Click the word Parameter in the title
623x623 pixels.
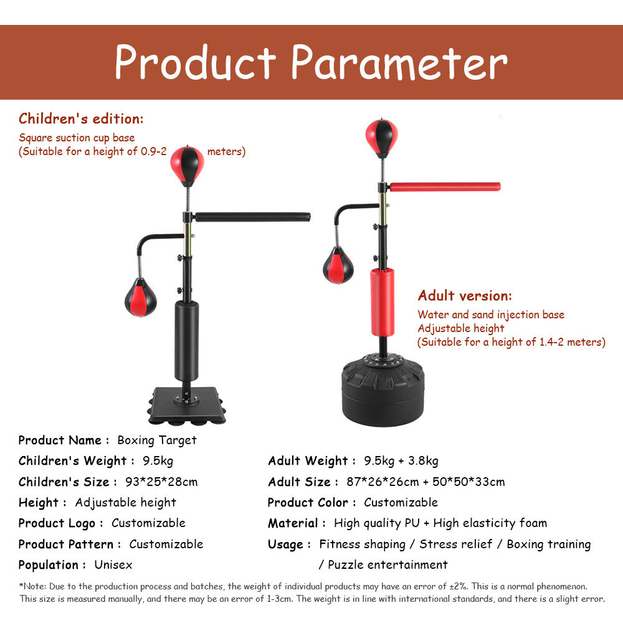pyautogui.click(x=399, y=62)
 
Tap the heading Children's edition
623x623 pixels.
pyautogui.click(x=81, y=118)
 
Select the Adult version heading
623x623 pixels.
pyautogui.click(x=465, y=295)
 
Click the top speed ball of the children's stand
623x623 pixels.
pyautogui.click(x=187, y=166)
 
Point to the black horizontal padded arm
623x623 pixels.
pyautogui.click(x=253, y=217)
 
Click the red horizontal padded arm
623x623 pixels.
pyautogui.click(x=445, y=187)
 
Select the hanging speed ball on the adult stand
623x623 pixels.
pyautogui.click(x=338, y=265)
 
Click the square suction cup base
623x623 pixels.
pyautogui.click(x=187, y=406)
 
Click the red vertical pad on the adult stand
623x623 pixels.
pyautogui.click(x=383, y=303)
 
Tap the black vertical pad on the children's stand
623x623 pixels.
pyautogui.click(x=186, y=341)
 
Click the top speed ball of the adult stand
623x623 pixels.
pyautogui.click(x=381, y=138)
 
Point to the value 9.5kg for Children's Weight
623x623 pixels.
pyautogui.click(x=158, y=461)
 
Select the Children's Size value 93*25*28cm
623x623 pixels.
pyautogui.click(x=161, y=482)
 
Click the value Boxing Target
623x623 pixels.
pyautogui.click(x=157, y=440)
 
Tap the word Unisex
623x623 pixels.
pyautogui.click(x=113, y=564)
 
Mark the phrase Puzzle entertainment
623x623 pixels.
pyautogui.click(x=388, y=564)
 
